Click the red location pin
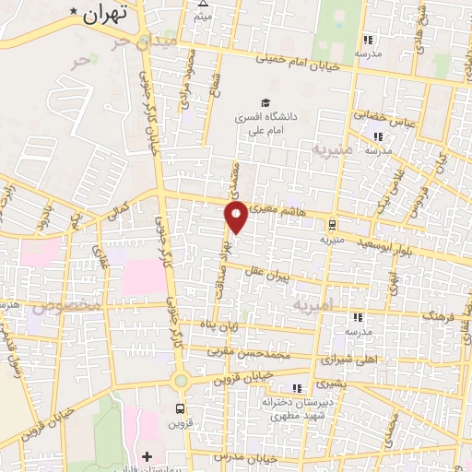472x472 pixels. coord(236,218)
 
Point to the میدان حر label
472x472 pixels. coord(128,42)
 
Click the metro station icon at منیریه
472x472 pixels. coord(331,222)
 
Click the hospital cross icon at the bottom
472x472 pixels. coord(147,455)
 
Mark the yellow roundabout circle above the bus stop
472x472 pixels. coord(181,379)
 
